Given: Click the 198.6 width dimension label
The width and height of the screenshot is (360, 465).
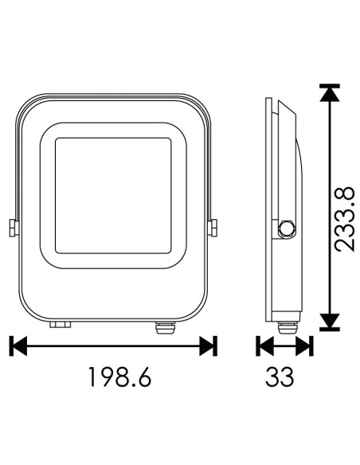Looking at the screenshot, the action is [120, 377].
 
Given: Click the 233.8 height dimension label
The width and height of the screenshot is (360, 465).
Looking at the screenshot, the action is [344, 219].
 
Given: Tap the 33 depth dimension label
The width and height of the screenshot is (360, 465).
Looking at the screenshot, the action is [280, 377].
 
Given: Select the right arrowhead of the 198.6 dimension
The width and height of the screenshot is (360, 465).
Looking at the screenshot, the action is [207, 346].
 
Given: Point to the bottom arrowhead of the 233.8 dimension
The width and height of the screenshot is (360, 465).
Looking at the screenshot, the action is [330, 321].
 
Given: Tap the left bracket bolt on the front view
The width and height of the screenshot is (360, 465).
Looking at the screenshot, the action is [14, 228].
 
